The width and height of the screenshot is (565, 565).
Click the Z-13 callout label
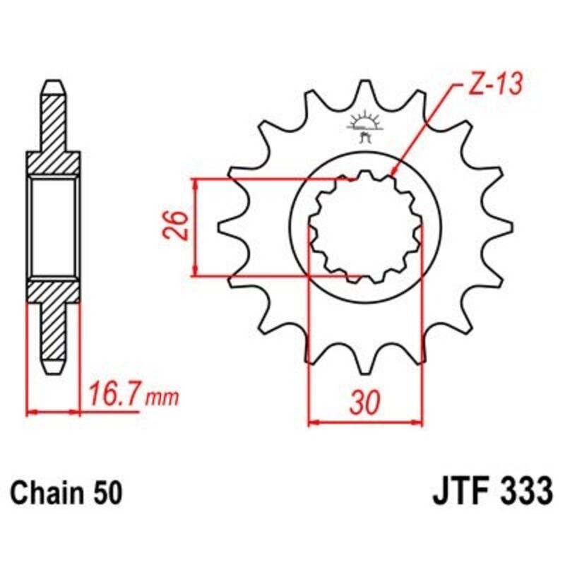click(x=495, y=85)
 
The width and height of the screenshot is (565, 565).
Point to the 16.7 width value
click(x=116, y=393)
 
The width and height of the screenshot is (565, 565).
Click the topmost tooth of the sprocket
click(x=366, y=88)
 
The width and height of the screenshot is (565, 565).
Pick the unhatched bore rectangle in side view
click(x=54, y=226)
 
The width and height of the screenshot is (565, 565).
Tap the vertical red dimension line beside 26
click(x=196, y=226)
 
